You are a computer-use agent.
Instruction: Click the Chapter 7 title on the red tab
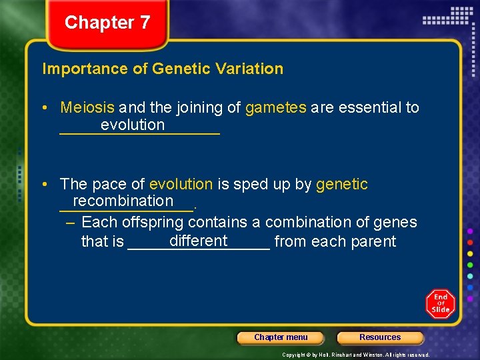click(107, 23)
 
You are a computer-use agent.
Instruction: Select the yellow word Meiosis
click(87, 107)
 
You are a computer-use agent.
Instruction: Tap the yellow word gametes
click(276, 107)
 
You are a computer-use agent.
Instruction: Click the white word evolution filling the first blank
click(132, 125)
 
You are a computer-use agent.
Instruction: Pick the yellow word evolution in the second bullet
click(181, 184)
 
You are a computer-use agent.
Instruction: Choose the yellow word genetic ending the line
click(341, 184)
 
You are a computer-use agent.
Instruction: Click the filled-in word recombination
click(123, 201)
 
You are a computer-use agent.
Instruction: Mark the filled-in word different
click(199, 241)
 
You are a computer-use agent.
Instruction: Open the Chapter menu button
click(281, 337)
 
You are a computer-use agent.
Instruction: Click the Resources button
click(380, 337)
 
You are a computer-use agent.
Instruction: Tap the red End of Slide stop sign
click(441, 303)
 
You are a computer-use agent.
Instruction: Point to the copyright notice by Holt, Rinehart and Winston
click(355, 355)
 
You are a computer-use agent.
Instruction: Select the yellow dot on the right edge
click(470, 253)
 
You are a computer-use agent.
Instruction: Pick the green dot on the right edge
click(470, 265)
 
